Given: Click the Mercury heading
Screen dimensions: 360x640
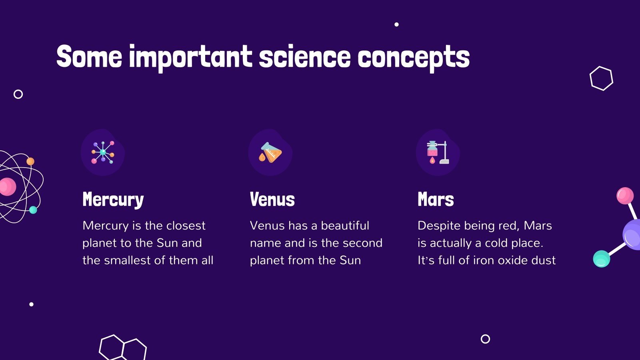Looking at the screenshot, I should coord(113,200).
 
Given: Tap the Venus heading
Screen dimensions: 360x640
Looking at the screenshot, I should coord(272,199).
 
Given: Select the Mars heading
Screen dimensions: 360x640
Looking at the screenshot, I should coord(436,199).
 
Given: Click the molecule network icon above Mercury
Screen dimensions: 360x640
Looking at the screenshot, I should coord(103,152).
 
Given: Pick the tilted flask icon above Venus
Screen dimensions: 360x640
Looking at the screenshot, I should coord(270,152).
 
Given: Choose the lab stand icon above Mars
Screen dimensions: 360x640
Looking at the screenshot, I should coord(438,152).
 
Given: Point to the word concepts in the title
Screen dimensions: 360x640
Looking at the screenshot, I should coord(413,58).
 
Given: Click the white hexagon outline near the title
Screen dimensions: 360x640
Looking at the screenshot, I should coord(601,78).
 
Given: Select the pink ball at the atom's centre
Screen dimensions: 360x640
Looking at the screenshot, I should coord(7,187).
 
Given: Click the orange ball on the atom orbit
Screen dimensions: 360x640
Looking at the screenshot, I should coord(30,162).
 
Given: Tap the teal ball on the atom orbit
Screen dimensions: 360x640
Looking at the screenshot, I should coord(33,210).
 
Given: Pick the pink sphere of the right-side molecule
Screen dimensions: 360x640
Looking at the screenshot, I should coord(625,196).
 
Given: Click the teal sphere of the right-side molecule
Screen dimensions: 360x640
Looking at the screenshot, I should coord(601,259).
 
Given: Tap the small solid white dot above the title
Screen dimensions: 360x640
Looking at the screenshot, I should coord(396,24).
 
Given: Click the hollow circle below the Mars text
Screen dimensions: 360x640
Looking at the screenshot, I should coord(485,339).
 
